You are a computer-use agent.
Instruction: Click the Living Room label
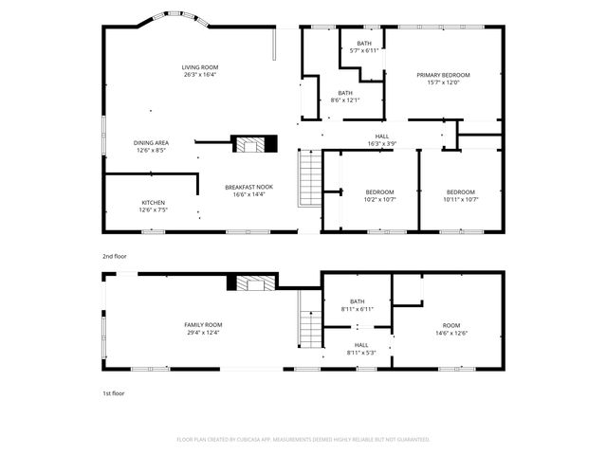pyautogui.click(x=200, y=71)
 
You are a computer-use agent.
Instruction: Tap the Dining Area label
pyautogui.click(x=151, y=146)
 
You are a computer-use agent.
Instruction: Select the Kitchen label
pyautogui.click(x=153, y=206)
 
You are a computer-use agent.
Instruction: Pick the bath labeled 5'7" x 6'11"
pyautogui.click(x=364, y=47)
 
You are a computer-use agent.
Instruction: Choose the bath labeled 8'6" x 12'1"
pyautogui.click(x=344, y=96)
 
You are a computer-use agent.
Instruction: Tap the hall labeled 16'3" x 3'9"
pyautogui.click(x=381, y=139)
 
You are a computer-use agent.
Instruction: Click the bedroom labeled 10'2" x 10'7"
pyautogui.click(x=379, y=195)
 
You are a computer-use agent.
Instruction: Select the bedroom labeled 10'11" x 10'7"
pyautogui.click(x=460, y=195)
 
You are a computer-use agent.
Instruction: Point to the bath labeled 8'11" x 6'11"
pyautogui.click(x=357, y=305)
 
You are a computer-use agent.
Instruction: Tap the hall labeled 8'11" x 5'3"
pyautogui.click(x=361, y=348)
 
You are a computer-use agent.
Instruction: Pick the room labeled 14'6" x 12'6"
pyautogui.click(x=451, y=328)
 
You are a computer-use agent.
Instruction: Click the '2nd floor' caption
pyautogui.click(x=114, y=256)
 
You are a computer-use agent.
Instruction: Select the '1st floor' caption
pyautogui.click(x=114, y=392)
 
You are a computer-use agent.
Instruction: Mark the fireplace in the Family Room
pyautogui.click(x=253, y=282)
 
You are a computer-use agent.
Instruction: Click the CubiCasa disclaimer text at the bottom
pyautogui.click(x=303, y=439)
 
